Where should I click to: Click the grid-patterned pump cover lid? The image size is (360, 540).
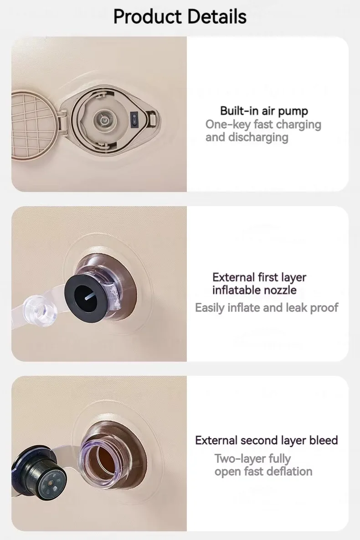[35, 125]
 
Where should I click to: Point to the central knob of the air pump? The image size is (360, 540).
[103, 119]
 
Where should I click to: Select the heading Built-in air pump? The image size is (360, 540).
[264, 111]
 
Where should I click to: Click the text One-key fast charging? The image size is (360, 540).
[263, 124]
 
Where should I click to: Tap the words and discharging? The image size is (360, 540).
[247, 137]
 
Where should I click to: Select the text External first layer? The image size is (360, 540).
[259, 277]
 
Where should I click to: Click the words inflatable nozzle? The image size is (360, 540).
[254, 290]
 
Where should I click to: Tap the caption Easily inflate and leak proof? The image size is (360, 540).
[267, 307]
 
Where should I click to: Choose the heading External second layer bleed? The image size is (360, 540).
[267, 440]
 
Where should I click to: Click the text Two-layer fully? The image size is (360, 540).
[252, 459]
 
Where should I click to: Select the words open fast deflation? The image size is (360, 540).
[263, 472]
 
